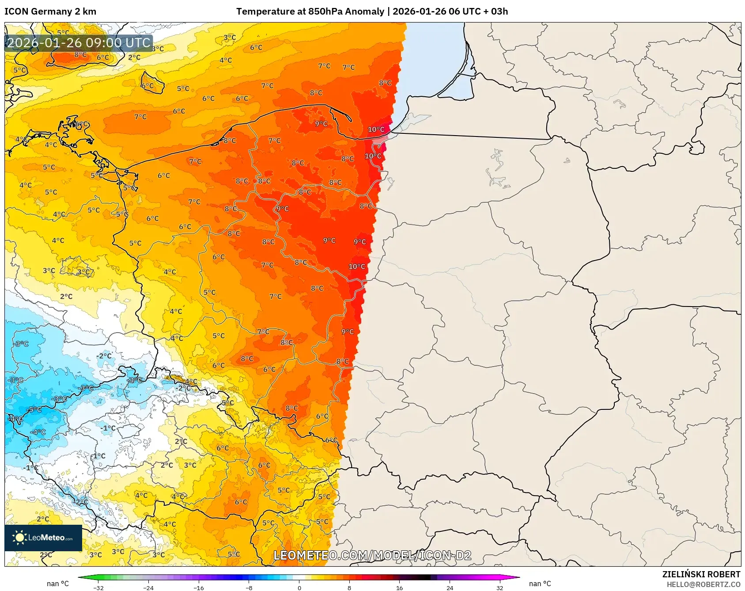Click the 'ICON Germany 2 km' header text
click(50, 11)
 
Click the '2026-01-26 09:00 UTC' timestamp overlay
click(79, 43)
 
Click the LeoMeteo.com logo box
click(43, 538)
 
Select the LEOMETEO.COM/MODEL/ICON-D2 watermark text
click(372, 555)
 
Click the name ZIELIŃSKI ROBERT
click(701, 574)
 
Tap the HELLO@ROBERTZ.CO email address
click(703, 584)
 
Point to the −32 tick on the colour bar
click(98, 587)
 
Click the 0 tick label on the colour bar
click(299, 587)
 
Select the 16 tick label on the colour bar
click(399, 587)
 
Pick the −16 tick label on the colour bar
click(199, 587)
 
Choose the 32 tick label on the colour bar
click(499, 587)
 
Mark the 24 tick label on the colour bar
click(450, 587)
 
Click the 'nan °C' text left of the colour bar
click(58, 583)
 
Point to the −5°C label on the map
click(34, 409)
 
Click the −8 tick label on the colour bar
click(249, 587)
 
